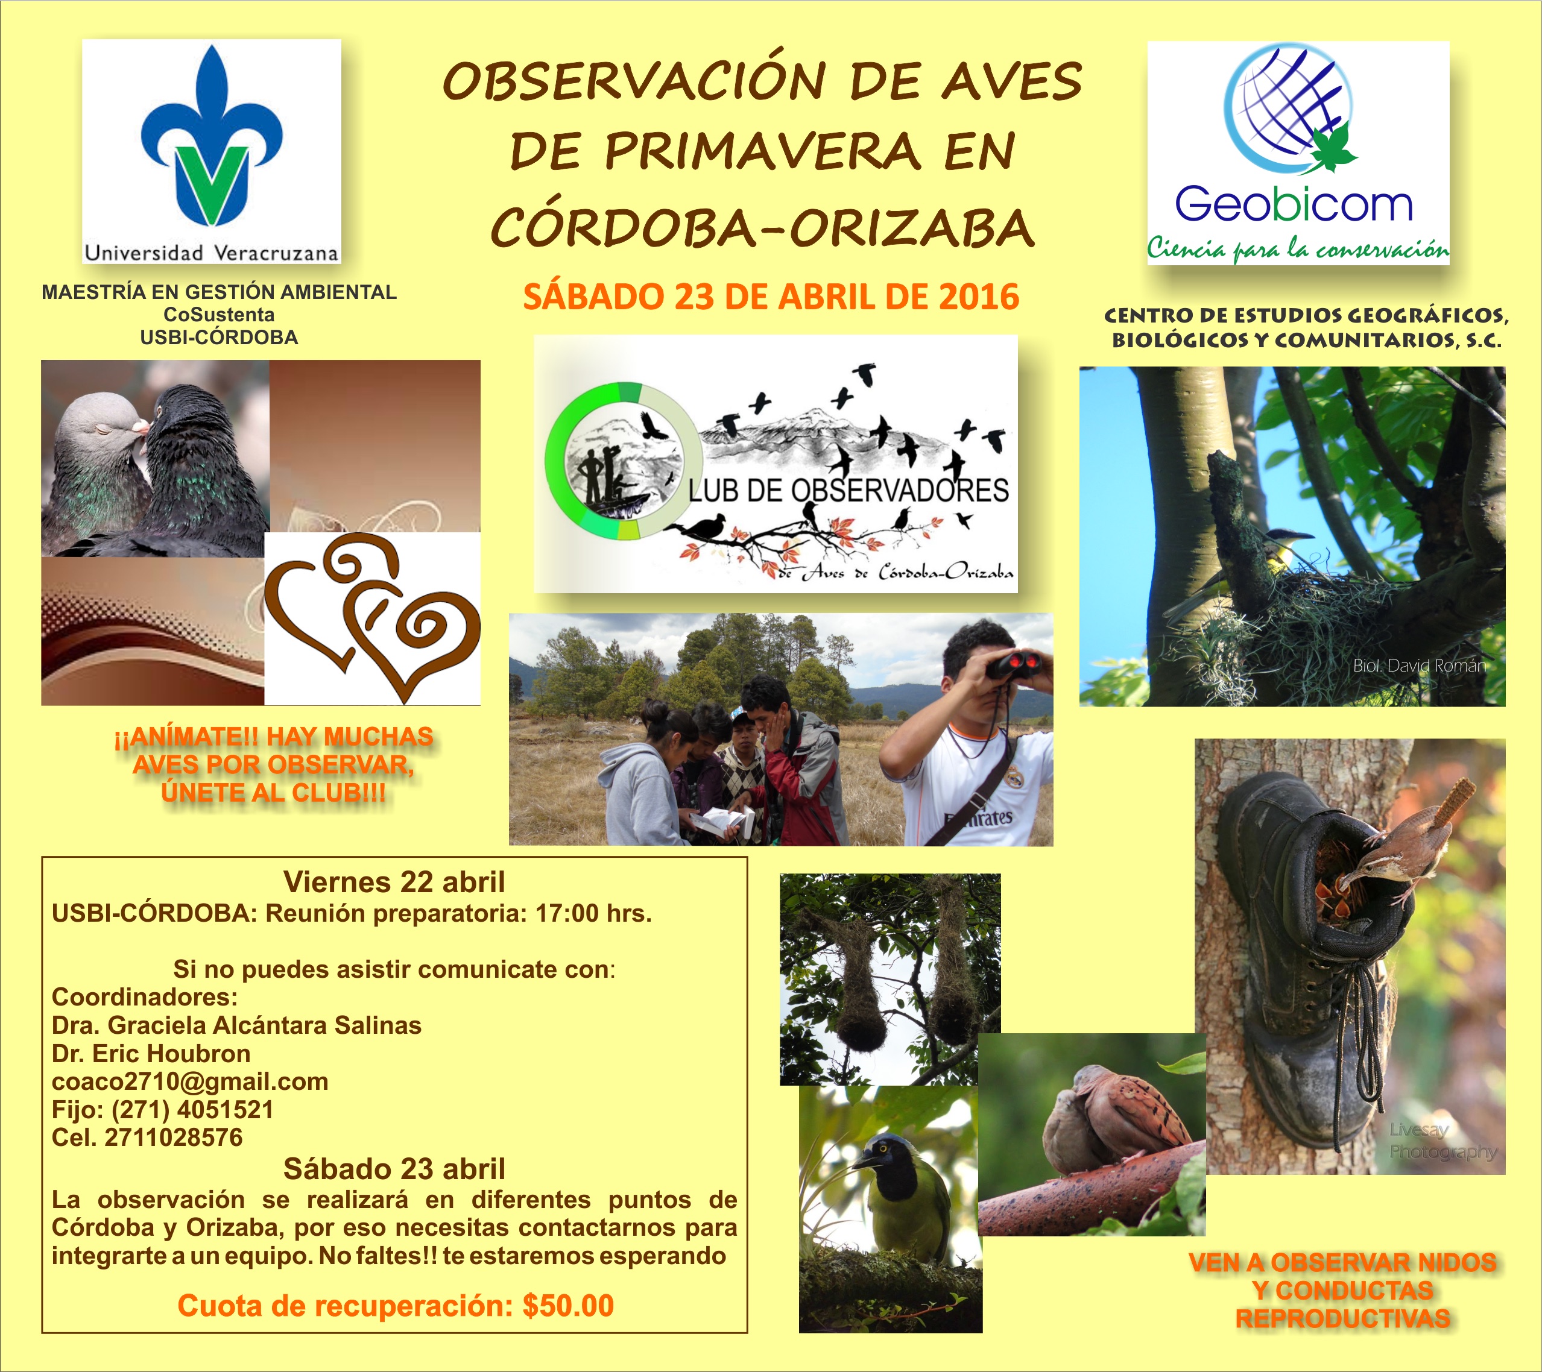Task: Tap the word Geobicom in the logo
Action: pos(1293,204)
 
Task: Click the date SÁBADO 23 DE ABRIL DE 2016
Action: pos(771,297)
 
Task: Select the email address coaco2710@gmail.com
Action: pos(190,1081)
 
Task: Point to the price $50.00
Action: pos(568,1306)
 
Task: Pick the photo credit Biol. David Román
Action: pos(1419,666)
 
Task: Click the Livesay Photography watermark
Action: pos(1442,1141)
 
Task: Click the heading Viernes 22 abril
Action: pos(394,881)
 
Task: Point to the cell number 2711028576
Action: pos(174,1138)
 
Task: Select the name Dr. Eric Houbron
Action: pos(151,1053)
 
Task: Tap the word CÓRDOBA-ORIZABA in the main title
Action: pos(762,228)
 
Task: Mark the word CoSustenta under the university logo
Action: pos(219,315)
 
